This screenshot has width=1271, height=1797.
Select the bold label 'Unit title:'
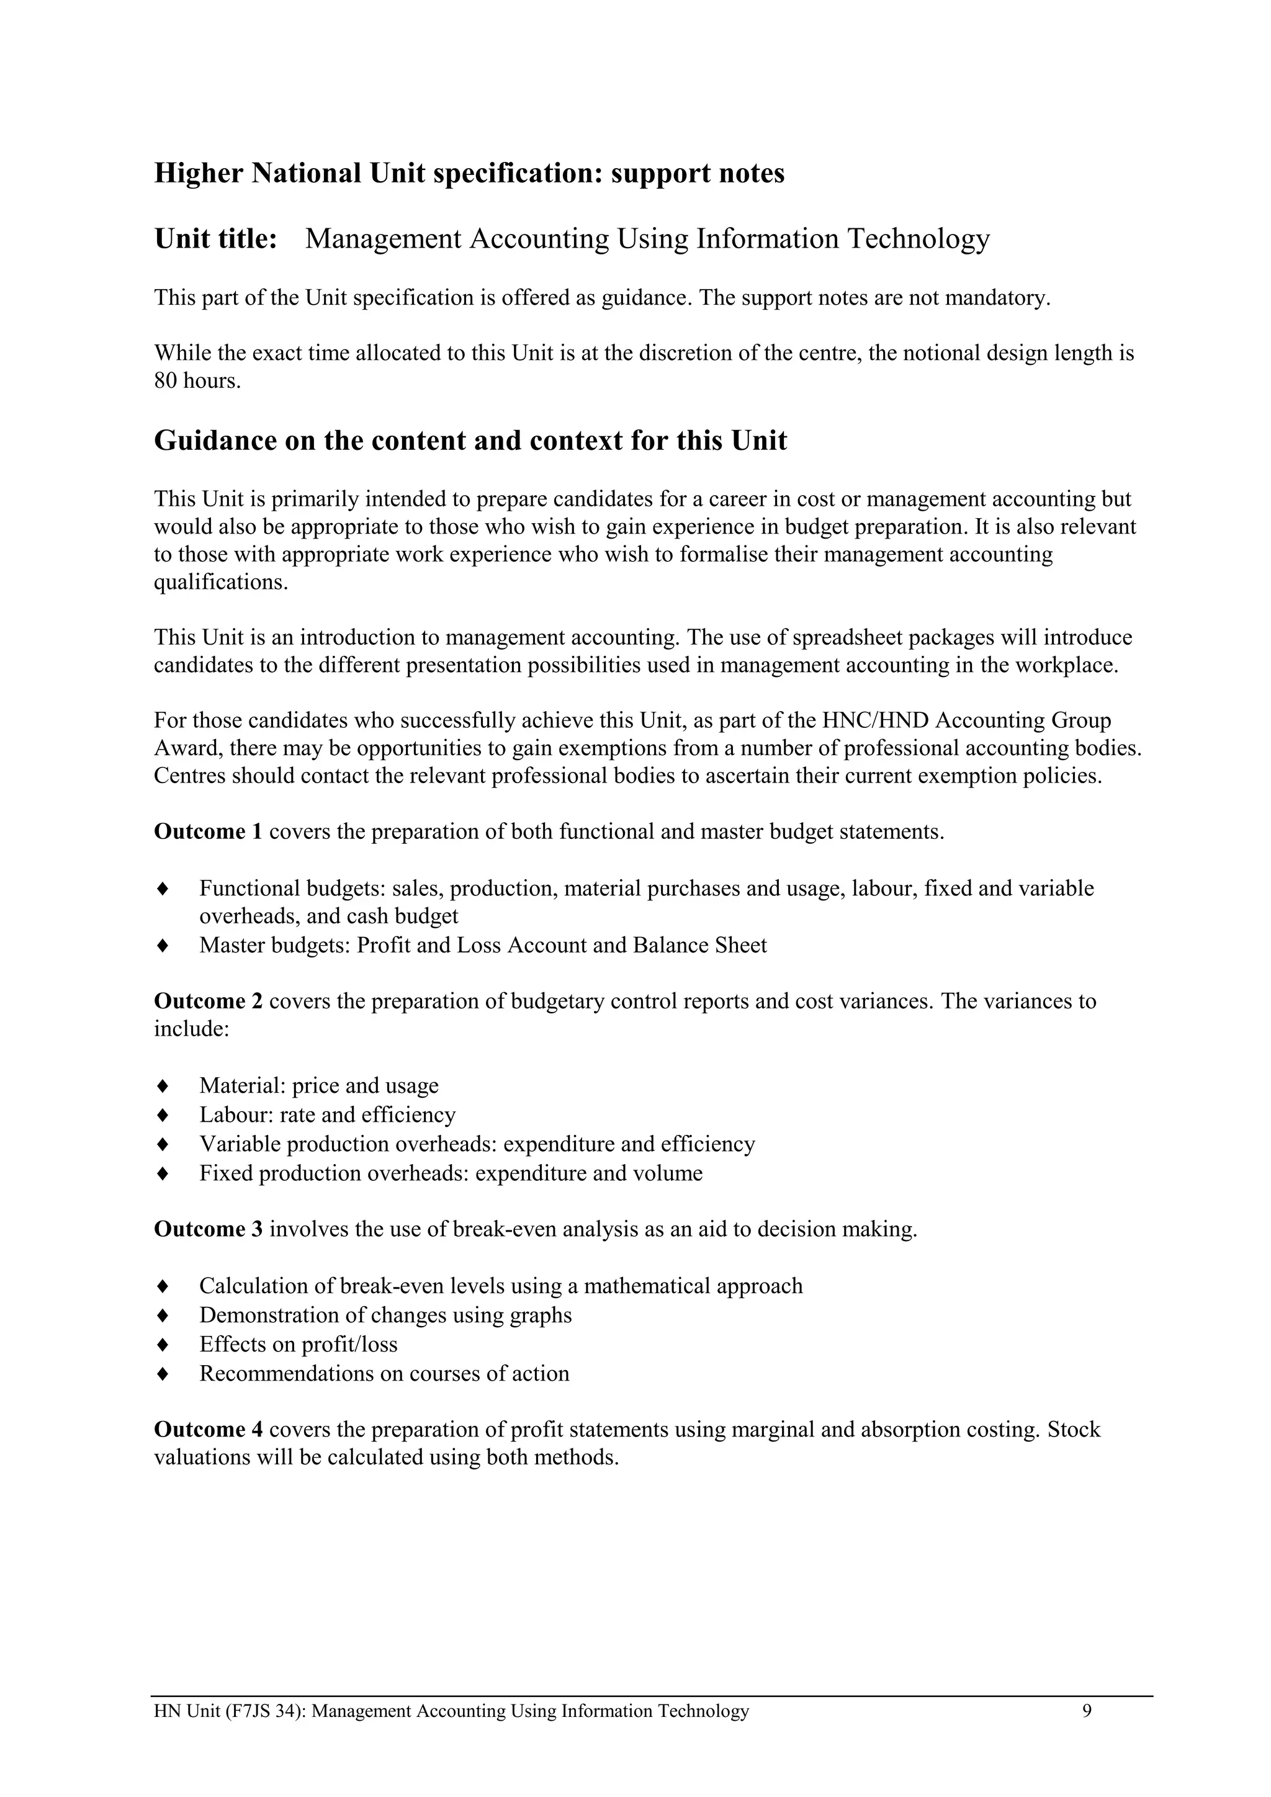click(216, 239)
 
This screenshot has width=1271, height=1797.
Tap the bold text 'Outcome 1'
click(208, 831)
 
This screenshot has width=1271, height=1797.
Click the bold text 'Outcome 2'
click(208, 1001)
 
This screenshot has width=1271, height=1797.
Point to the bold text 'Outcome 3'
click(208, 1230)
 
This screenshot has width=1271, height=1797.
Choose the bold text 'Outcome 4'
click(208, 1430)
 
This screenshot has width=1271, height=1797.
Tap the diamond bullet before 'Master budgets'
click(163, 946)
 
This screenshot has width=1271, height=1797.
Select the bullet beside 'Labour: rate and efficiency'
click(163, 1114)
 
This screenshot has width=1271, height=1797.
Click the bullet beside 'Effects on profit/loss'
click(163, 1345)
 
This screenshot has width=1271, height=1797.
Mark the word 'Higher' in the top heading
click(199, 173)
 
